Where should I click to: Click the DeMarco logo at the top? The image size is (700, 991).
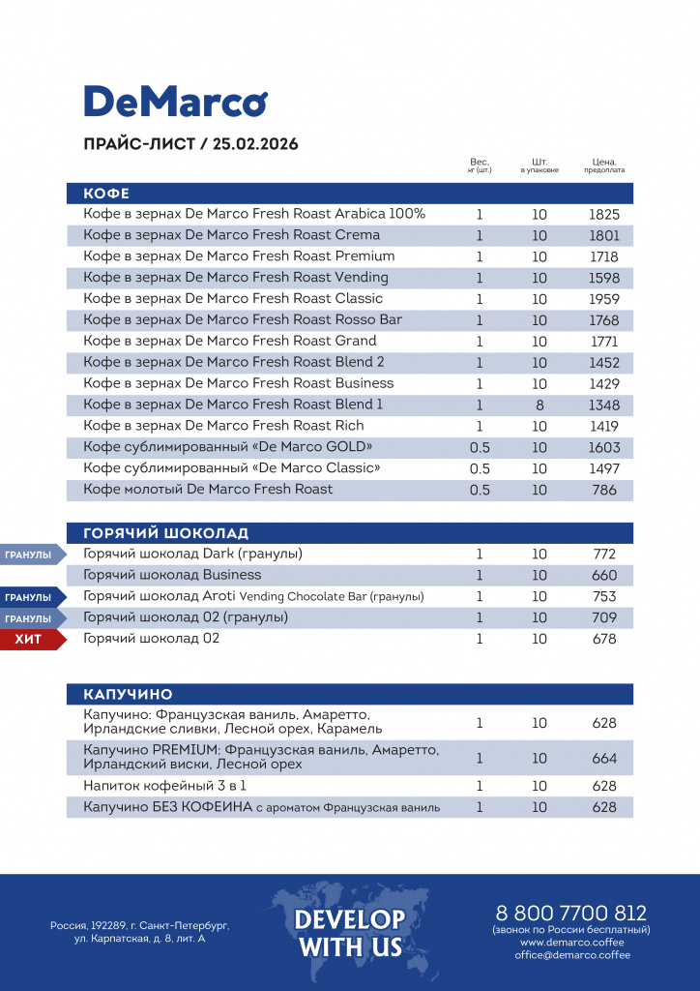click(x=175, y=102)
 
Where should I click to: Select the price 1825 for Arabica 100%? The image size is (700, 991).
click(x=604, y=215)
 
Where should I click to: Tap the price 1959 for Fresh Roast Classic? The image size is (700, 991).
click(x=604, y=299)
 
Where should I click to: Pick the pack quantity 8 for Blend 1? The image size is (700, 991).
click(x=540, y=405)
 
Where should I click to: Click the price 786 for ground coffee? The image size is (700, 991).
click(x=604, y=490)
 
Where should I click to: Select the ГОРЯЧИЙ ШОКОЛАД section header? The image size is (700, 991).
click(x=166, y=533)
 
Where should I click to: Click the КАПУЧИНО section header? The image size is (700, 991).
click(x=129, y=695)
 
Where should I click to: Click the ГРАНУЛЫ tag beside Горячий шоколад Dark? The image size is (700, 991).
click(x=29, y=555)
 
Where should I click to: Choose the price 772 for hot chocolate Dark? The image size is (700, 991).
click(x=604, y=555)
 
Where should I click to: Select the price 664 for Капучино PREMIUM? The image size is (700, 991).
click(x=604, y=759)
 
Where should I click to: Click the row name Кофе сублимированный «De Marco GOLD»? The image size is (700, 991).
click(x=228, y=447)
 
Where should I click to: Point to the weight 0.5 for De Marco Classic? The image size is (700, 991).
click(x=480, y=468)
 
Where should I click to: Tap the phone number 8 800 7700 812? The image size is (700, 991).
click(x=570, y=913)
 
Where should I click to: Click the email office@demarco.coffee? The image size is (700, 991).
click(x=572, y=955)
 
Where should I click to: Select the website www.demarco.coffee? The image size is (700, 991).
click(x=572, y=942)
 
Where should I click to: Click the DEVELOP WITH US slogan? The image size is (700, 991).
click(x=350, y=932)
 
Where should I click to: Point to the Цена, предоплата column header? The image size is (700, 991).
click(x=604, y=165)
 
